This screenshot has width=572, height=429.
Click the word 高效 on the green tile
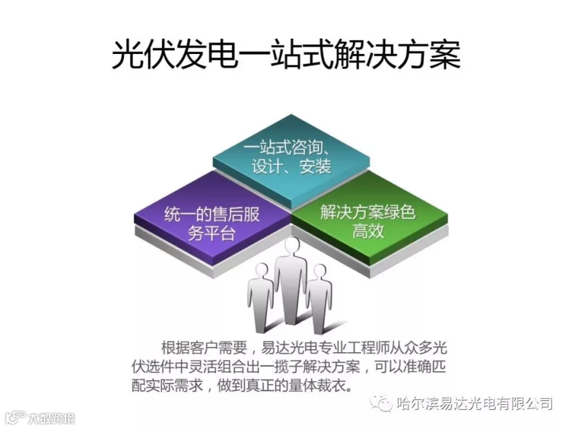coord(368,231)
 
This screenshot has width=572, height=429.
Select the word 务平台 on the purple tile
coord(212,233)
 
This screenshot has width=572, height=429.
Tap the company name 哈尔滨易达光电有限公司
coord(474,403)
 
